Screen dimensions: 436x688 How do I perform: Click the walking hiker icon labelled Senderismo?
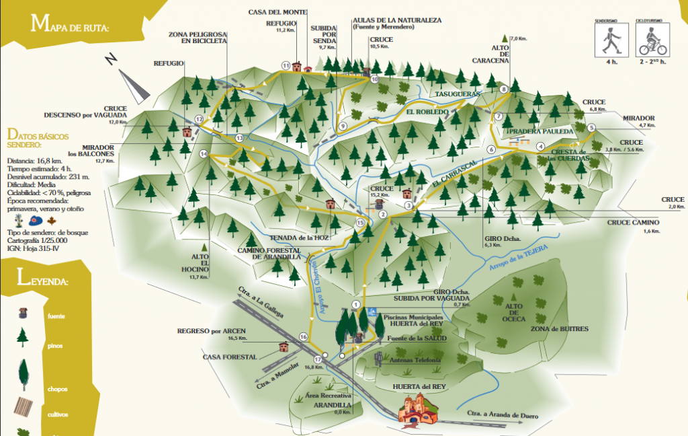[x=609, y=42]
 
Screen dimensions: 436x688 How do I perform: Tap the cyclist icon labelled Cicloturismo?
[x=651, y=42]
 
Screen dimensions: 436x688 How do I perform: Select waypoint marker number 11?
[x=286, y=65]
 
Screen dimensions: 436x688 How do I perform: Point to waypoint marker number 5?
[x=591, y=128]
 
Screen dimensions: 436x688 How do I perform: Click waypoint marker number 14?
[x=204, y=154]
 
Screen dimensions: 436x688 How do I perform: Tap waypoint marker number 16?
[x=303, y=336]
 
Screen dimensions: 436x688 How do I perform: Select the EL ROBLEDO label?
[x=427, y=111]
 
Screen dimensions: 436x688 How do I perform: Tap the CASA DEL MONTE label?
[x=277, y=12]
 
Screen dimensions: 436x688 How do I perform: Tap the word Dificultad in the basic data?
[x=20, y=185]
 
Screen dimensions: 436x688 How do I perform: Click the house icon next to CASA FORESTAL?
[x=283, y=347]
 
